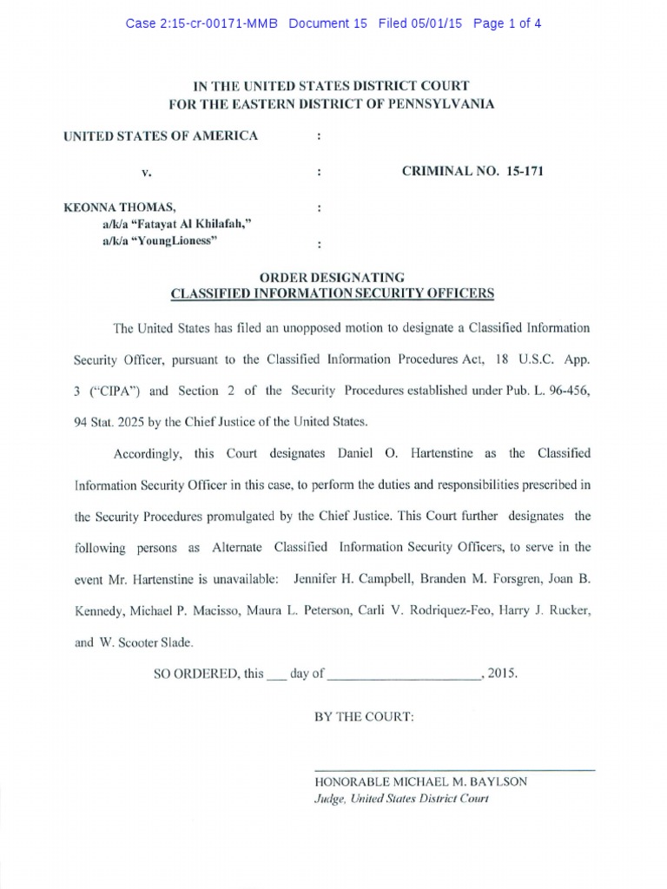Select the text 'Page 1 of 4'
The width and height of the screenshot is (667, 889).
point(507,23)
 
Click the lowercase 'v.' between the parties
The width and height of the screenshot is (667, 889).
point(147,172)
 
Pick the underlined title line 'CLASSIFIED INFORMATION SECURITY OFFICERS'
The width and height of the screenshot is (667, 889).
point(333,293)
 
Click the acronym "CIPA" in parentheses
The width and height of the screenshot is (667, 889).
point(109,390)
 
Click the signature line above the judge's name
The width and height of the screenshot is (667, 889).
point(453,770)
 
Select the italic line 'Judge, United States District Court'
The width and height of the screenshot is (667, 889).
point(401,798)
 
